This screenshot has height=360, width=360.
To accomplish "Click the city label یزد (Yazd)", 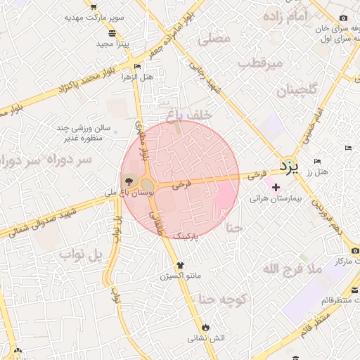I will [x=289, y=167].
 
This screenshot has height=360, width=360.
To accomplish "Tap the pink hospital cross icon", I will [x=276, y=188].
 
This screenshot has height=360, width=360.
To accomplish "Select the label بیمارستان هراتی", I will [x=276, y=199].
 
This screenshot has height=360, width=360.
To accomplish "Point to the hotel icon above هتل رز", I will [x=317, y=162].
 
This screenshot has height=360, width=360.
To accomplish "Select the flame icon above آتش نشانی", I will [x=205, y=327].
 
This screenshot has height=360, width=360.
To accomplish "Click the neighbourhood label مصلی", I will [x=215, y=39].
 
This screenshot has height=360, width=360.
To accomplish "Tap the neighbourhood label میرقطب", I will [x=259, y=64].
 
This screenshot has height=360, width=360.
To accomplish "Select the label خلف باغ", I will [x=184, y=114].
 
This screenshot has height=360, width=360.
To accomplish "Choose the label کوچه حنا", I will [x=222, y=300].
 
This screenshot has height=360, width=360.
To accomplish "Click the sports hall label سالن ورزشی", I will [x=85, y=129].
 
